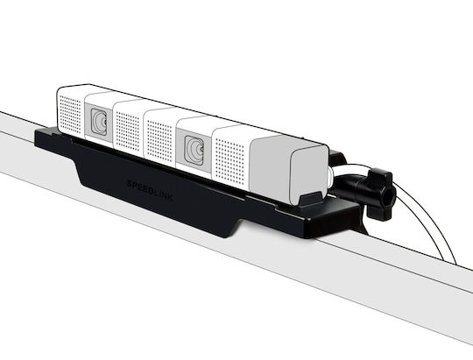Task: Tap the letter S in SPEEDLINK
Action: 130,183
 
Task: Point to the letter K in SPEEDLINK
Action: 170,198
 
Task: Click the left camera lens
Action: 99,122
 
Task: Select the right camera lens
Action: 194,151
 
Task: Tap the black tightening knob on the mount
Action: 380,194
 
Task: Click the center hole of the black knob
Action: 390,198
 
